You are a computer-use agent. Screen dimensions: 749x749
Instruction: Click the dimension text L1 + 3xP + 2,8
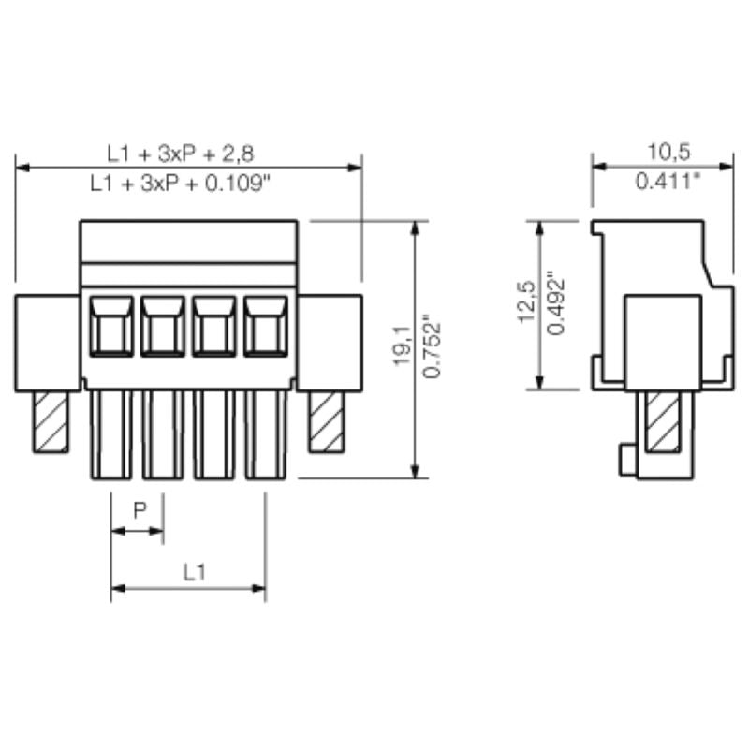[x=187, y=152]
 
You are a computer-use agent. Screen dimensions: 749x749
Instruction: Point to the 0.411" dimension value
[x=668, y=182]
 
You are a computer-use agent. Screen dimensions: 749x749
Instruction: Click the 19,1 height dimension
[x=402, y=347]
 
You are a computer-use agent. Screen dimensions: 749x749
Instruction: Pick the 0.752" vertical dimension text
[x=432, y=347]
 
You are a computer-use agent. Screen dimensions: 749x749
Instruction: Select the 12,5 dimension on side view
[x=526, y=302]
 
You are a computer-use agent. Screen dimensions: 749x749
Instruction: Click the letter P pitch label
[x=140, y=510]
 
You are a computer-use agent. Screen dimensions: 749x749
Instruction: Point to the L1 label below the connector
[x=194, y=571]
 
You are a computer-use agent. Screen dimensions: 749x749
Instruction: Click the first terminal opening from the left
[x=111, y=326]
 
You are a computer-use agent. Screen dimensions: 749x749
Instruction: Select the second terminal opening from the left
[x=163, y=326]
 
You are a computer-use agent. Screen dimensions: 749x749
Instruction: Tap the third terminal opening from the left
[x=214, y=326]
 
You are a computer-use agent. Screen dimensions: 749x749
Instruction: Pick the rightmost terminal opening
[x=266, y=326]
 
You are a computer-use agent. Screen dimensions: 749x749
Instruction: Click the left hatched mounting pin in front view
[x=51, y=421]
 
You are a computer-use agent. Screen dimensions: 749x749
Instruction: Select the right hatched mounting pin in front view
[x=327, y=421]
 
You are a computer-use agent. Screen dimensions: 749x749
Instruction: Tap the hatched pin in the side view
[x=663, y=423]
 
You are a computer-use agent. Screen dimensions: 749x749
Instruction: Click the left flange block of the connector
[x=47, y=342]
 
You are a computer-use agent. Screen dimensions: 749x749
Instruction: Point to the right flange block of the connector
[x=330, y=342]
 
